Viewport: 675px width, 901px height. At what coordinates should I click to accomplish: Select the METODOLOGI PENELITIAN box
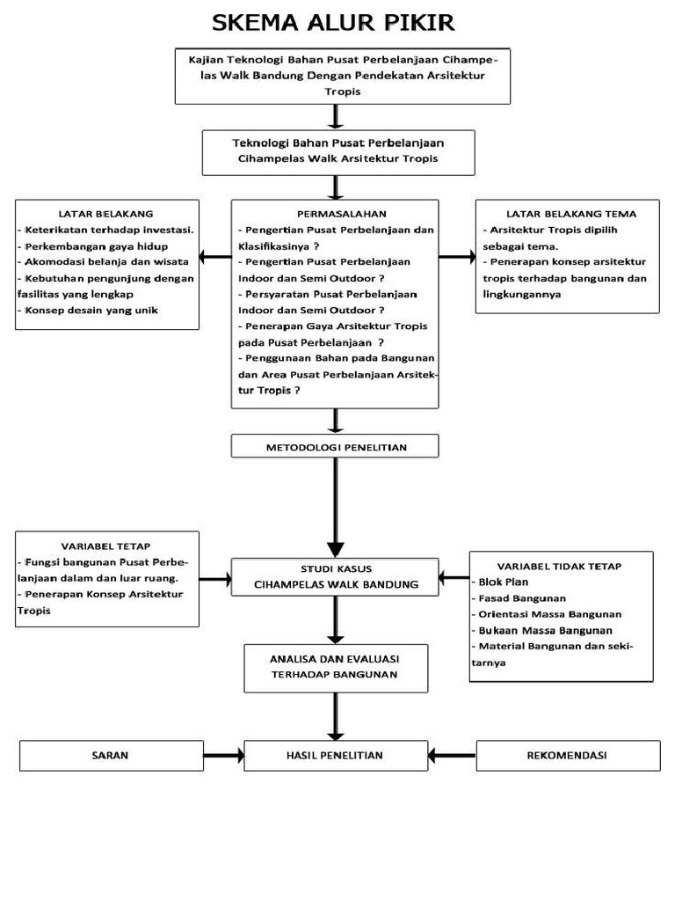pos(335,447)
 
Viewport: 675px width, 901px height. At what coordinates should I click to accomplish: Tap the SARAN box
pos(111,755)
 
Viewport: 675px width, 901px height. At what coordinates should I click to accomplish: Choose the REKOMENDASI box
pos(567,755)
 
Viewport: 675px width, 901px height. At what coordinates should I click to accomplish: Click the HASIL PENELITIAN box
pos(335,755)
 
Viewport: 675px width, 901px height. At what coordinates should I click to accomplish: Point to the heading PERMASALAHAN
pos(335,214)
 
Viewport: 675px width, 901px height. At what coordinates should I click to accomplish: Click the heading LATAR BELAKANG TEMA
pos(571,214)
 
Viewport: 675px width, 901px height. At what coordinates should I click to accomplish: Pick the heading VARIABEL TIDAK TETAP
pos(559,566)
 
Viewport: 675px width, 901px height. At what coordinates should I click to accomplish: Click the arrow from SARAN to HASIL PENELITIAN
pos(223,755)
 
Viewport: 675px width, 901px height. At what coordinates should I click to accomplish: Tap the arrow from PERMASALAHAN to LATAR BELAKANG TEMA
pos(457,257)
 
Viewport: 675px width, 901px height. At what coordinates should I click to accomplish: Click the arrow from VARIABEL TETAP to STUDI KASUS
pos(215,579)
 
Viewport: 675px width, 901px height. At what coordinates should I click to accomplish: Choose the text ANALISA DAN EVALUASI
pos(335,658)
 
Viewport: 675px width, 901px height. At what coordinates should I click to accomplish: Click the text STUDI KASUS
pos(335,568)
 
